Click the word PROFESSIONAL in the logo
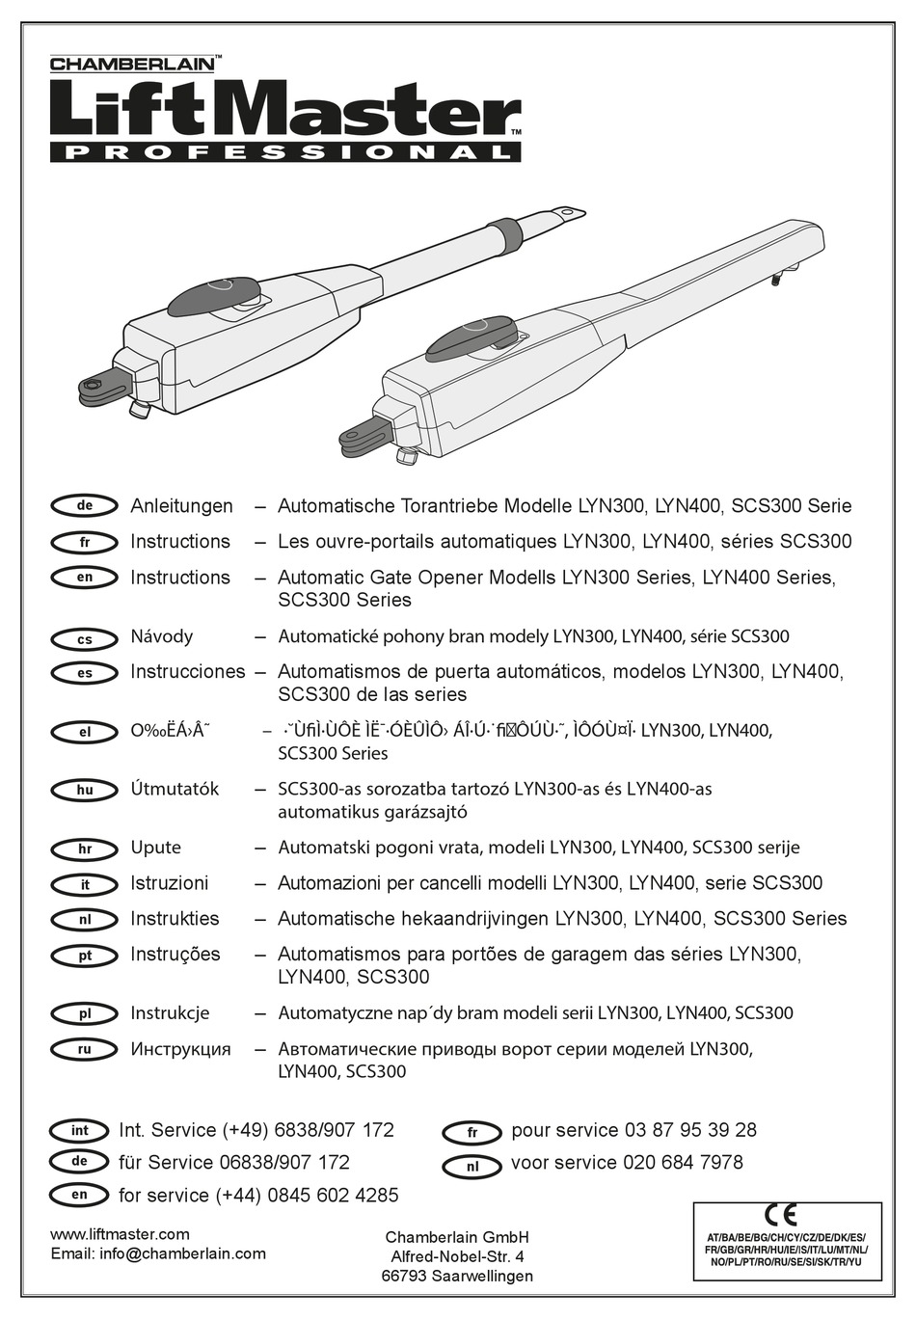pyautogui.click(x=285, y=152)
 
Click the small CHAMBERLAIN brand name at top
pyautogui.click(x=131, y=65)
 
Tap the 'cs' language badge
pyautogui.click(x=85, y=639)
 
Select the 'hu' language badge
pyautogui.click(x=85, y=790)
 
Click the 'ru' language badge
pyautogui.click(x=85, y=1049)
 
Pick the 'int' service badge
pyautogui.click(x=80, y=1130)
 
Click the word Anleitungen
pyautogui.click(x=181, y=506)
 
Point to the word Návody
pyautogui.click(x=161, y=636)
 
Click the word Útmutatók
pyautogui.click(x=175, y=789)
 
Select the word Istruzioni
pyautogui.click(x=169, y=883)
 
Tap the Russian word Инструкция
pyautogui.click(x=180, y=1049)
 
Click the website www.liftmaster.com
pyautogui.click(x=120, y=1234)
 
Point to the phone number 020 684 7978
pyautogui.click(x=683, y=1163)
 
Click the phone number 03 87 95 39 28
pyautogui.click(x=690, y=1130)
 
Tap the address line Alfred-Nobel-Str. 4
pyautogui.click(x=457, y=1256)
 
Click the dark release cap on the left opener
pyautogui.click(x=220, y=293)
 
